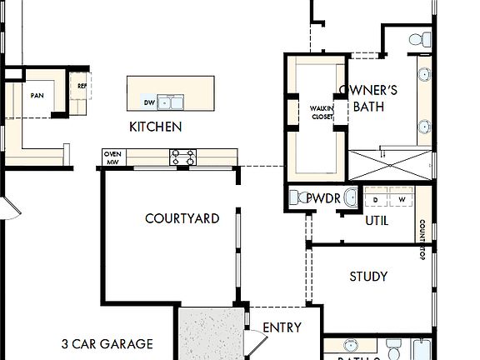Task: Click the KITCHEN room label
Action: click(x=155, y=127)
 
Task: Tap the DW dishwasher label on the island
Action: click(x=150, y=103)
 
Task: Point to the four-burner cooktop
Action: click(x=183, y=155)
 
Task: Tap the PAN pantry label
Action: click(x=37, y=95)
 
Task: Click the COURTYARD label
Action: click(x=182, y=218)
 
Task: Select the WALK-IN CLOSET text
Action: click(x=322, y=112)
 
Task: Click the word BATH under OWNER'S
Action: click(x=368, y=106)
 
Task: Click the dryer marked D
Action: click(x=376, y=200)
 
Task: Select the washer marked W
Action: click(x=402, y=200)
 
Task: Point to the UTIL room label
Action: click(x=377, y=221)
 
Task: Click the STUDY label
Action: click(x=368, y=276)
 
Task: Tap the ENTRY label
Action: click(x=282, y=327)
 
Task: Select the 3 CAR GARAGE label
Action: click(x=107, y=343)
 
